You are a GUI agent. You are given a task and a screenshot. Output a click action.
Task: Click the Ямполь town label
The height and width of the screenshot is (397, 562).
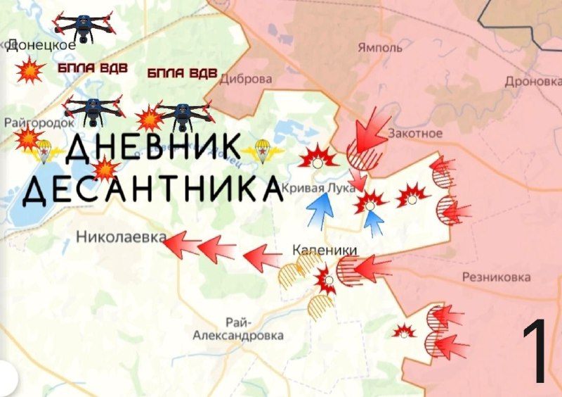pyautogui.click(x=380, y=48)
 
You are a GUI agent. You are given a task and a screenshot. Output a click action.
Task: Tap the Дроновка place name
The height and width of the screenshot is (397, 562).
pyautogui.click(x=533, y=82)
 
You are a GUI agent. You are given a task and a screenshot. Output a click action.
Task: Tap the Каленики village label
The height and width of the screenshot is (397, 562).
pyautogui.click(x=325, y=250)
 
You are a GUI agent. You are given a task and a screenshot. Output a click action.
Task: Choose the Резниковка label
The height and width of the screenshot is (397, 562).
pyautogui.click(x=496, y=277)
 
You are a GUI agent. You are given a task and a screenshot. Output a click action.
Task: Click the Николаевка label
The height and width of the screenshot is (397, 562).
pyautogui.click(x=117, y=237)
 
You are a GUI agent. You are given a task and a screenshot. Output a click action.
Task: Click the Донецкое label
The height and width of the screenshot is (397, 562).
pyautogui.click(x=41, y=45)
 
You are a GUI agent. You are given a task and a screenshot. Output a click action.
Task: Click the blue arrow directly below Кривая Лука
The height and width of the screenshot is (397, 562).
pyautogui.click(x=321, y=209)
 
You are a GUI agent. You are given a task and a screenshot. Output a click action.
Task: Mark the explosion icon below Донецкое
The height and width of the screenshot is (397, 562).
pyautogui.click(x=30, y=71)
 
